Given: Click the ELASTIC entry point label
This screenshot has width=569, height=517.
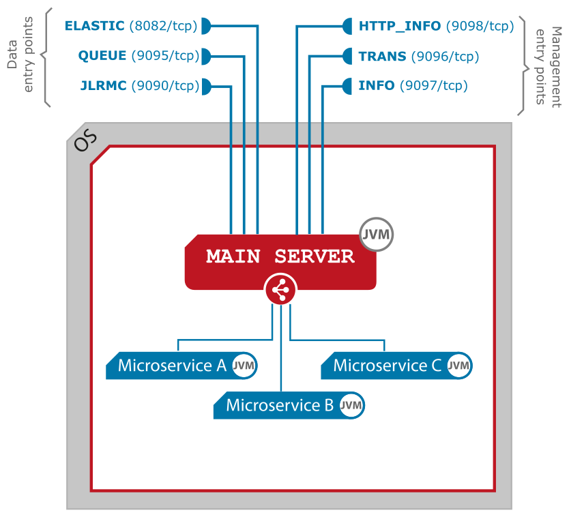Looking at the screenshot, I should pyautogui.click(x=94, y=27).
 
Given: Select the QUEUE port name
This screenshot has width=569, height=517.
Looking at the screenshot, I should pyautogui.click(x=102, y=56).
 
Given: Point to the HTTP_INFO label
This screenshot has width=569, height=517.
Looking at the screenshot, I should pyautogui.click(x=400, y=27).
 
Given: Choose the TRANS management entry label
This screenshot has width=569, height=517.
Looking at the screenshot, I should pyautogui.click(x=383, y=56).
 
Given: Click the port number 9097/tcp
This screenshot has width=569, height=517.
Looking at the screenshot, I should pyautogui.click(x=433, y=86).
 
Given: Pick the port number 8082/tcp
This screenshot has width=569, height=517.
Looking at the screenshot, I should pyautogui.click(x=162, y=27).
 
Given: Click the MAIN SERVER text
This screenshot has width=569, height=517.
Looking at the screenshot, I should pyautogui.click(x=280, y=256).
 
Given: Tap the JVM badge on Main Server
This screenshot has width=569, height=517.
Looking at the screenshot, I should pyautogui.click(x=377, y=235).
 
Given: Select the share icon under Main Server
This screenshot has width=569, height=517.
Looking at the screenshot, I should pyautogui.click(x=280, y=291).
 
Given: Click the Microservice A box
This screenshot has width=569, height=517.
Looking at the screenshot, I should pyautogui.click(x=172, y=366).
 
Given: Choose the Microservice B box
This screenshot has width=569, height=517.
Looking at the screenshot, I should pyautogui.click(x=280, y=405).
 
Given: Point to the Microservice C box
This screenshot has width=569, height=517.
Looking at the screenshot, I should pyautogui.click(x=388, y=366).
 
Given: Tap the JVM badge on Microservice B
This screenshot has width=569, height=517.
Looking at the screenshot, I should pyautogui.click(x=351, y=405).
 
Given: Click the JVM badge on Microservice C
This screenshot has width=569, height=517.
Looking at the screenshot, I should pyautogui.click(x=458, y=366).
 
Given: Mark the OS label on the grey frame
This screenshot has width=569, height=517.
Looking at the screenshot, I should pyautogui.click(x=86, y=142).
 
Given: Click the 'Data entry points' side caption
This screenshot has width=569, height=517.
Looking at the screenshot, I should pyautogui.click(x=20, y=59).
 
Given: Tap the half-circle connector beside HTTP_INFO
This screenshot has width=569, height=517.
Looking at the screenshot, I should pyautogui.click(x=347, y=27).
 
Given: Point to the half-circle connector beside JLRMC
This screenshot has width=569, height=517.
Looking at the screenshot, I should pyautogui.click(x=206, y=86).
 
